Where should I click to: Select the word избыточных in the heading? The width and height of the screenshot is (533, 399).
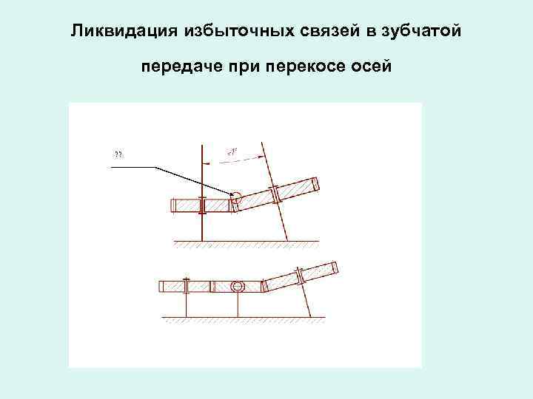(x=215, y=32)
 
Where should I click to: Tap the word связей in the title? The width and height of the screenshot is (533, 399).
(x=310, y=32)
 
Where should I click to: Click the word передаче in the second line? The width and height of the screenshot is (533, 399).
(x=175, y=67)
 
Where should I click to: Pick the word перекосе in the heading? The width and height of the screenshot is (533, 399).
(x=296, y=67)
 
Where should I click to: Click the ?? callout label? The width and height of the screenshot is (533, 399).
(x=118, y=154)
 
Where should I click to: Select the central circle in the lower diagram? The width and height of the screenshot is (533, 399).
(x=237, y=286)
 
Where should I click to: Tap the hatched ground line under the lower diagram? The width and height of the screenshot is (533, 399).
(x=244, y=318)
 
